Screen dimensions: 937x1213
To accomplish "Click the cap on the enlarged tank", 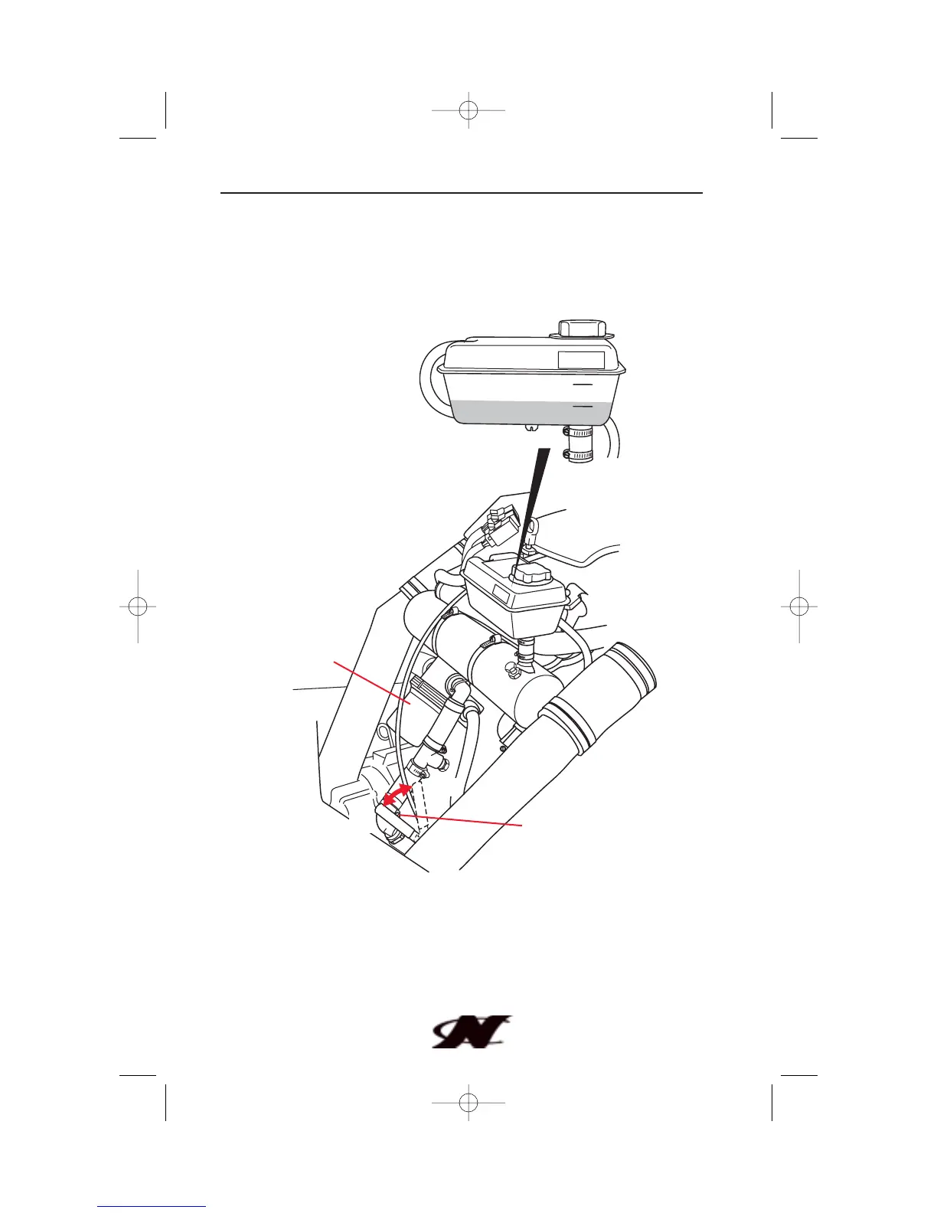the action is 582,329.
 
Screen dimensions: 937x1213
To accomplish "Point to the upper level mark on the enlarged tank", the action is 583,383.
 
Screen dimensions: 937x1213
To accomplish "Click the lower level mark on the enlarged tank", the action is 583,407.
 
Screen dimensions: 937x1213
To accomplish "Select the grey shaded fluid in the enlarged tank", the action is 528,412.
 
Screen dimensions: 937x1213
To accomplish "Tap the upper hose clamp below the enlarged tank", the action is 580,433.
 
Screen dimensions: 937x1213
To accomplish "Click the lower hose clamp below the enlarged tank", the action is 580,455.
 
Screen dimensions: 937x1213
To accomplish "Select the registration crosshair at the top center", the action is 468,110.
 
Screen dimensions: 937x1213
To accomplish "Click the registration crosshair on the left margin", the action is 138,606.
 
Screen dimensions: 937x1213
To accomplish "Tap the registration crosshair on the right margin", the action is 798,606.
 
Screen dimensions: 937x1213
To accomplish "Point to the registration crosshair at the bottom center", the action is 468,1103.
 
